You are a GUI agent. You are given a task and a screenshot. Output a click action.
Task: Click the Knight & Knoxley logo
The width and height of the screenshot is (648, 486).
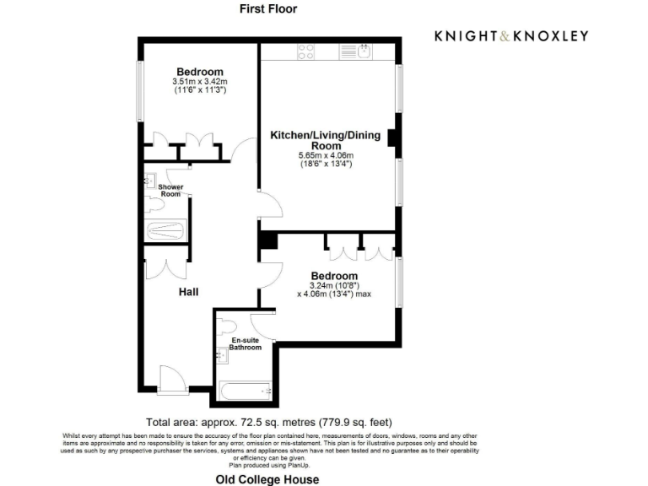point(511,35)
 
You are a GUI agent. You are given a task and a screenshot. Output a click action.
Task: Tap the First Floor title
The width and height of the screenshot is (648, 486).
point(269,9)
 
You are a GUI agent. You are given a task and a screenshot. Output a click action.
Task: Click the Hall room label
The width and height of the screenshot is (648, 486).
point(188,292)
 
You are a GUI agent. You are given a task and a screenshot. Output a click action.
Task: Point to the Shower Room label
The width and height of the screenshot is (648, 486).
point(171,191)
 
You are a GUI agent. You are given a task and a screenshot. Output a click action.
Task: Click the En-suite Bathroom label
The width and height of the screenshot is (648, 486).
point(246,343)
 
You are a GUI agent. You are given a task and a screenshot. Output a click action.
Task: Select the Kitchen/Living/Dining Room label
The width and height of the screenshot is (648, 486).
point(325,140)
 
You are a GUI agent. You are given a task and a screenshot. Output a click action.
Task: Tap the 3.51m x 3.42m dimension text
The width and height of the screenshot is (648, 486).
point(200,82)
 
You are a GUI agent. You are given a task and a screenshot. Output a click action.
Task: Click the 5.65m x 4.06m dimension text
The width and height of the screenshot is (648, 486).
point(325,156)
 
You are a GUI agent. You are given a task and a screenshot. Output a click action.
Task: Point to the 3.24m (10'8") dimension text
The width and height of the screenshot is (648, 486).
point(334,286)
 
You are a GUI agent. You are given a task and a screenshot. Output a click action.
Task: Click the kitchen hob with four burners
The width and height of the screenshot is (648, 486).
point(305,51)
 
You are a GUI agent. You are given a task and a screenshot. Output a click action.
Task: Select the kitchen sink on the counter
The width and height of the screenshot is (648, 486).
point(364,51)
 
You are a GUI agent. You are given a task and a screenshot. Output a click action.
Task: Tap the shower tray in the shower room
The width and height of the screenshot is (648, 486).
point(165,230)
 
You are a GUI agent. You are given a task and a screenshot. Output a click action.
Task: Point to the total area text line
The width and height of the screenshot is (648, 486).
point(269,422)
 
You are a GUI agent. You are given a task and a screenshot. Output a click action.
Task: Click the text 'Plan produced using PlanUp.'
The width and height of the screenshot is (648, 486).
point(269,465)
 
